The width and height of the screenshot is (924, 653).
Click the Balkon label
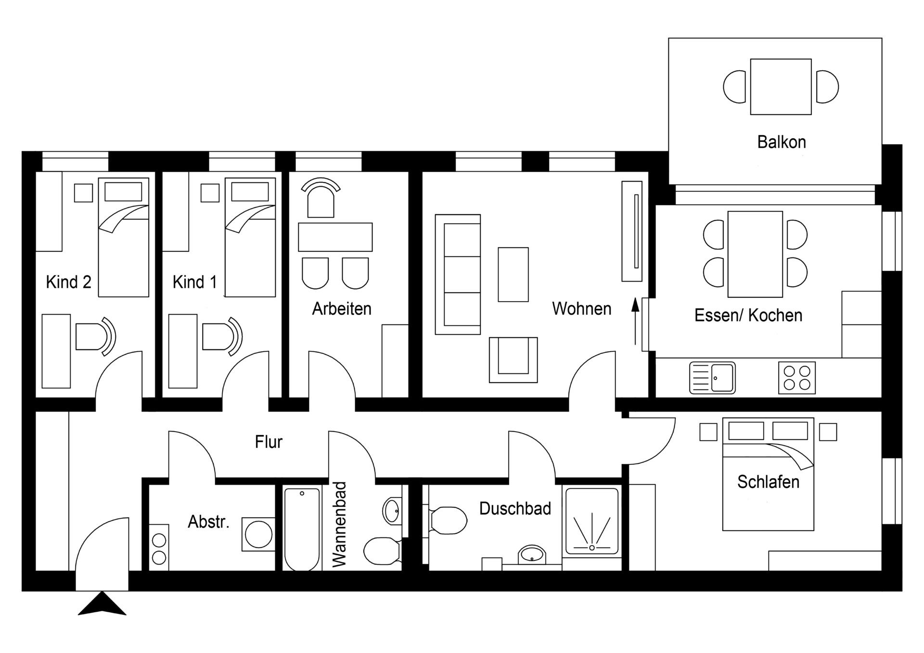781,142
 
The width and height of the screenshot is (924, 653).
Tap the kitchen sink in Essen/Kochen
712,378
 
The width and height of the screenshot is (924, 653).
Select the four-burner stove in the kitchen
796,378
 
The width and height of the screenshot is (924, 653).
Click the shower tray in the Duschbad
591,521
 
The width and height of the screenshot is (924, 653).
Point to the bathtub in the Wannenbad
302,528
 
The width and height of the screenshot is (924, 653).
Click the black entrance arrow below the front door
102,604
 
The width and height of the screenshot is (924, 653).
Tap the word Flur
269,441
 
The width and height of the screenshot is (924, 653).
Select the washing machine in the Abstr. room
258,534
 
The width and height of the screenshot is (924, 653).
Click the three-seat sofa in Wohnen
458,274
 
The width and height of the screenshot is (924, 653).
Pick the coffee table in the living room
513,274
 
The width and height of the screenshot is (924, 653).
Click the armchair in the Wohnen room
513,359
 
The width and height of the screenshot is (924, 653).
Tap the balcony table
781,87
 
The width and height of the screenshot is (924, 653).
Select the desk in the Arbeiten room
335,237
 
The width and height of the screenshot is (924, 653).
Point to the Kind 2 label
68,282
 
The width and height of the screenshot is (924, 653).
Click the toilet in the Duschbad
448,520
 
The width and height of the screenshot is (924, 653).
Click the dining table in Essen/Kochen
755,254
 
